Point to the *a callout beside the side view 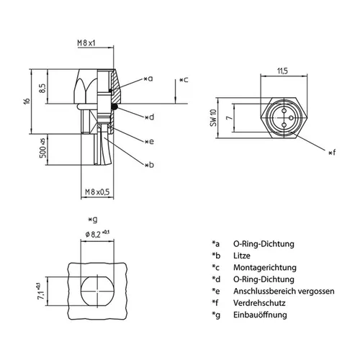click(148, 78)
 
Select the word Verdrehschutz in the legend click(258, 302)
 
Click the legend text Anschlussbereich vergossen click(282, 290)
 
